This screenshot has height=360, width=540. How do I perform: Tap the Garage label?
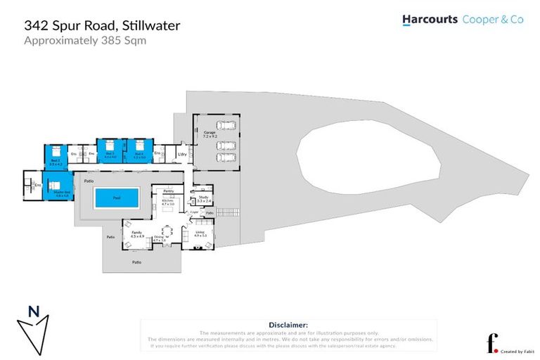210,132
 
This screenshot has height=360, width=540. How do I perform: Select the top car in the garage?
225,126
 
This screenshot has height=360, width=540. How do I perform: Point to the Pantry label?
168,191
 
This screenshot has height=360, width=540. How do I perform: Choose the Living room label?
200,233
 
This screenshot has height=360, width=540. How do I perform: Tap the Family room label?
137,234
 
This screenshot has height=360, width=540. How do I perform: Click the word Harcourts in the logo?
430,20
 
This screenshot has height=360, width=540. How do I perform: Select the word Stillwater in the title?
151,25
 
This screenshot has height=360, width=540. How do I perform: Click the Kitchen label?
168,202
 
